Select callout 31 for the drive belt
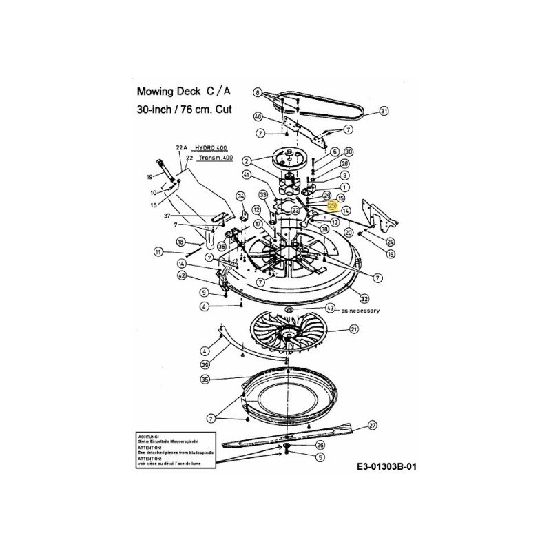pyautogui.click(x=384, y=110)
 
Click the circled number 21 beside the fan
pyautogui.click(x=354, y=331)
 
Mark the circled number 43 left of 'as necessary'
pyautogui.click(x=330, y=308)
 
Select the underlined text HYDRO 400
pyautogui.click(x=210, y=148)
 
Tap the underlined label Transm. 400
pyautogui.click(x=215, y=158)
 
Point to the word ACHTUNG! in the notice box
pyautogui.click(x=150, y=436)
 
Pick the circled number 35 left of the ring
pyautogui.click(x=204, y=379)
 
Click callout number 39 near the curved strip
pyautogui.click(x=204, y=364)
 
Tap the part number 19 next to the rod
pyautogui.click(x=150, y=177)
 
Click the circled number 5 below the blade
pyautogui.click(x=320, y=456)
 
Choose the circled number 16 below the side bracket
pyautogui.click(x=391, y=254)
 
